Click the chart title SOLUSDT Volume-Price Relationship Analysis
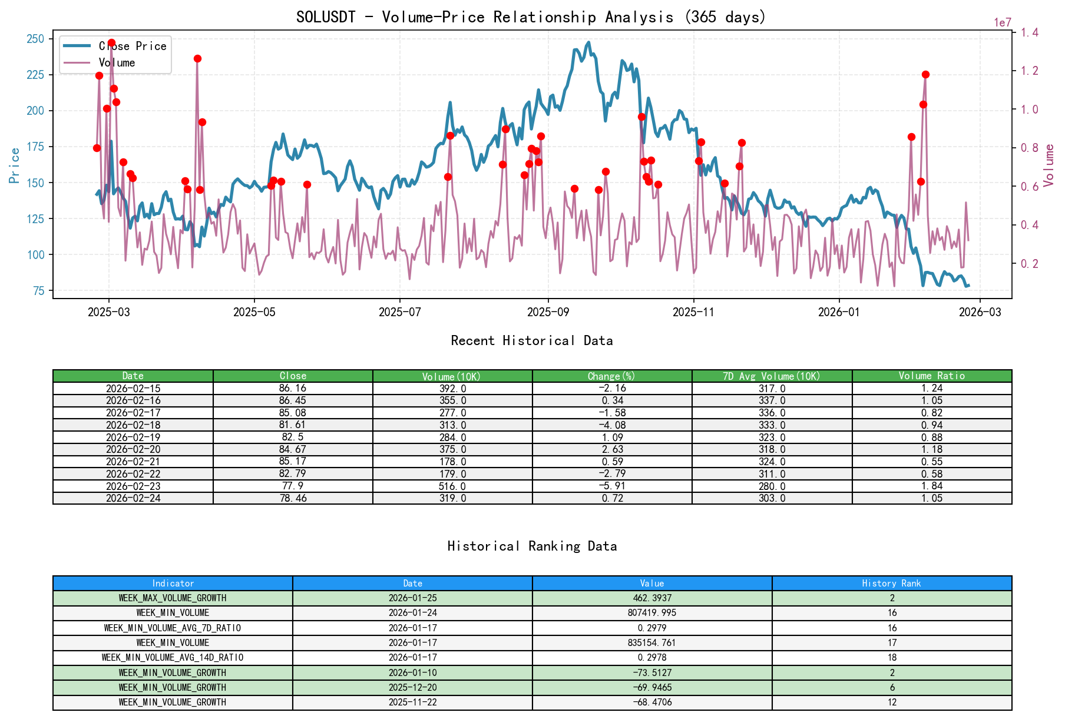click(x=531, y=16)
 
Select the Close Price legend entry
click(x=133, y=46)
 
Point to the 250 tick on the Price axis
click(x=35, y=39)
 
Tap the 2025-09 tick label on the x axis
click(x=548, y=312)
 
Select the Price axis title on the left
click(x=15, y=165)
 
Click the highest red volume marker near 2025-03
click(x=111, y=43)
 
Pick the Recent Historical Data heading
click(x=531, y=340)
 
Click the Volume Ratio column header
click(x=931, y=376)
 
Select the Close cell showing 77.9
click(x=293, y=486)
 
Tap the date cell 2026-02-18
click(x=133, y=425)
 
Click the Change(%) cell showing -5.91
click(x=612, y=486)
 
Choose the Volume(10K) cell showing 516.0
click(x=452, y=486)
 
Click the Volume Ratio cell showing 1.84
click(x=931, y=486)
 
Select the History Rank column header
click(x=891, y=583)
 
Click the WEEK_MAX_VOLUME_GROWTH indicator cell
click(x=173, y=598)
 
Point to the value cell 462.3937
click(x=652, y=598)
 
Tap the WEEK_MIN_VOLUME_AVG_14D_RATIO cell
click(x=173, y=657)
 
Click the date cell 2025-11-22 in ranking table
click(x=412, y=702)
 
